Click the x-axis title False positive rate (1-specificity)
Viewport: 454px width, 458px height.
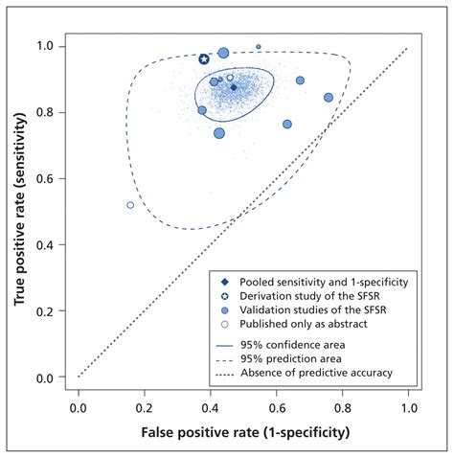click(243, 433)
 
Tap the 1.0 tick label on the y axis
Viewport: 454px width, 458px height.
click(47, 46)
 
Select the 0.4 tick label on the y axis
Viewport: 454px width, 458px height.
click(47, 245)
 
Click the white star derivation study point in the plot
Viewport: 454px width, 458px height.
click(204, 59)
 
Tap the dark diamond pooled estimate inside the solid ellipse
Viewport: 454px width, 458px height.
click(233, 87)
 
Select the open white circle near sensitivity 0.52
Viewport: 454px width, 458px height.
click(130, 205)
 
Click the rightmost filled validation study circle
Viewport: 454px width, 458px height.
click(329, 98)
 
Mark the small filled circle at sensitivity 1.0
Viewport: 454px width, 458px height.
click(259, 46)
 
